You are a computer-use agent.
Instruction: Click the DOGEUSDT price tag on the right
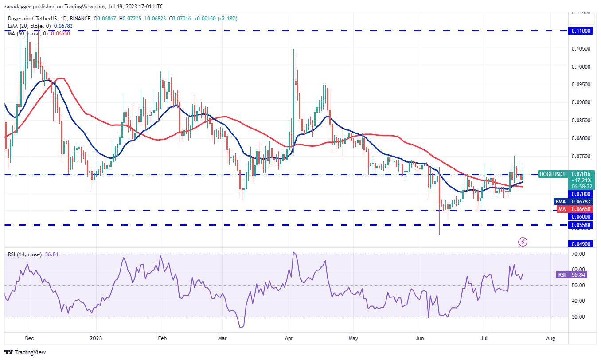click(x=552, y=174)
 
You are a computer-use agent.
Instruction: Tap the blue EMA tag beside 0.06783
click(x=561, y=201)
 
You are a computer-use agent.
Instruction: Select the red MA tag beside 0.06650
click(x=561, y=209)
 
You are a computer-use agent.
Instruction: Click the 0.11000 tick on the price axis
click(x=581, y=31)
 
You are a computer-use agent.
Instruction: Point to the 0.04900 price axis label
click(x=581, y=243)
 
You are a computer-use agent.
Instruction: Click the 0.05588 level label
click(x=581, y=225)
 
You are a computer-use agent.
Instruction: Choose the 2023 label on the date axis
click(x=96, y=338)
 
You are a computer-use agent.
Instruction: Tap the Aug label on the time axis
click(x=550, y=338)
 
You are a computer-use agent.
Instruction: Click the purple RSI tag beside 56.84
click(x=562, y=274)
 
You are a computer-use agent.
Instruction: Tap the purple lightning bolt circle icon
click(x=523, y=242)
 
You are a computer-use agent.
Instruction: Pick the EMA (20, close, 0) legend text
click(x=28, y=26)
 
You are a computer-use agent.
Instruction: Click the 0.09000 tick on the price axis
click(x=581, y=102)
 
